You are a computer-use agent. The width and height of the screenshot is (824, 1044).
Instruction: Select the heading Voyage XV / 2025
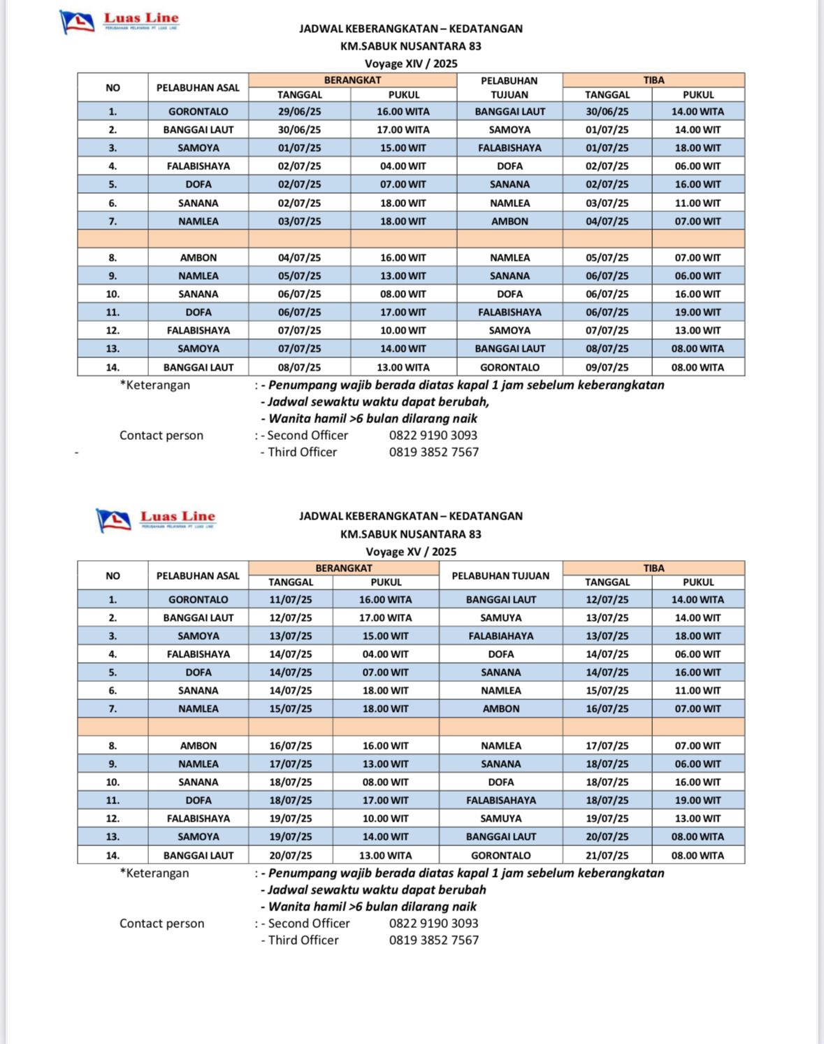click(x=411, y=552)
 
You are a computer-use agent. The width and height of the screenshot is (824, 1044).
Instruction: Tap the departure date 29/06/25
click(x=299, y=112)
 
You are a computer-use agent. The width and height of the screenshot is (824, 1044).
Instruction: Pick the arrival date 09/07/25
click(x=607, y=367)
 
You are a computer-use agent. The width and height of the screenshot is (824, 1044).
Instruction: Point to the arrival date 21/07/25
click(x=607, y=855)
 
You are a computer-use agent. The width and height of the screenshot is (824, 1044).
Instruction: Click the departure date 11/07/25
click(x=291, y=600)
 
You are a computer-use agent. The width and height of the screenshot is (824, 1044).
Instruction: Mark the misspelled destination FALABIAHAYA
click(x=500, y=636)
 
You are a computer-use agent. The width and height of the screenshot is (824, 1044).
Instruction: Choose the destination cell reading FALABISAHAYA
click(x=500, y=801)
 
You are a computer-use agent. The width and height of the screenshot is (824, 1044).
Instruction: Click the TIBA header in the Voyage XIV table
click(x=653, y=80)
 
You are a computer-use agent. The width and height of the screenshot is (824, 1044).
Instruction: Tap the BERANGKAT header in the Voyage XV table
click(x=343, y=569)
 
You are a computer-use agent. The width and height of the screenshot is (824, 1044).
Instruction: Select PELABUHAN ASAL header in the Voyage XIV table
click(x=198, y=88)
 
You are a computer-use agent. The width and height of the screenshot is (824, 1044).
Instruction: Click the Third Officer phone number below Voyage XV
click(x=434, y=941)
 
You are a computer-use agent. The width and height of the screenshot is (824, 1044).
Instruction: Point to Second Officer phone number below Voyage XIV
click(x=433, y=435)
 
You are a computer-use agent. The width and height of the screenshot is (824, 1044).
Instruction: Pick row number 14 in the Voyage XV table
click(x=113, y=855)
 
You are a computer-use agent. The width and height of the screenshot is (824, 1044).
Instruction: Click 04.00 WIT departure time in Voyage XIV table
click(x=403, y=166)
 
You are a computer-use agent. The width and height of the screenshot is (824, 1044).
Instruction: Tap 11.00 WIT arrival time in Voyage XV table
click(x=697, y=691)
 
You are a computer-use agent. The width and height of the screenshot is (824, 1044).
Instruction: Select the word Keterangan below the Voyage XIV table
click(x=158, y=385)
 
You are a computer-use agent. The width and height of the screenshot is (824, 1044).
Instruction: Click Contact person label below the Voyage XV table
click(x=162, y=924)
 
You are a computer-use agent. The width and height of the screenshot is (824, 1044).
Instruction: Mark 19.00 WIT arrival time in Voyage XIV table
click(x=697, y=313)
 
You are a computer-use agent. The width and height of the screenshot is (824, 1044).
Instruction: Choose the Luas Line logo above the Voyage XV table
click(x=155, y=520)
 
